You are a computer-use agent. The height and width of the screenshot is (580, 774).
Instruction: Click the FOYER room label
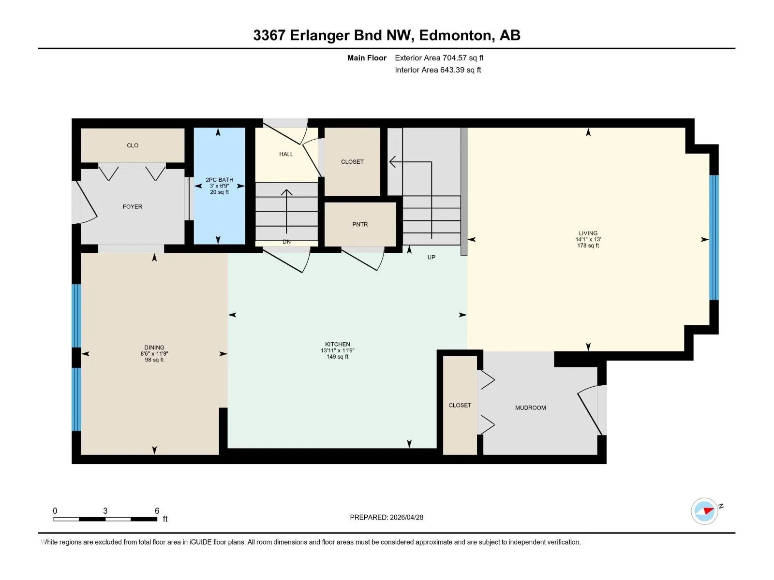pyautogui.click(x=132, y=207)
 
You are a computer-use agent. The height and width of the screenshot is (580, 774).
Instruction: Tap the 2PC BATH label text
pyautogui.click(x=219, y=180)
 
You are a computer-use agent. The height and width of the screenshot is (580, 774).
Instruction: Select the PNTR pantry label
pyautogui.click(x=360, y=224)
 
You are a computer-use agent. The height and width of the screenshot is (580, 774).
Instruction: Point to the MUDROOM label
pyautogui.click(x=530, y=408)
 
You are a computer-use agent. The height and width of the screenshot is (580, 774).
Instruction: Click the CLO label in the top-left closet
pyautogui.click(x=133, y=145)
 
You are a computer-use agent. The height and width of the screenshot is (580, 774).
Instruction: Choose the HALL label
pyautogui.click(x=286, y=154)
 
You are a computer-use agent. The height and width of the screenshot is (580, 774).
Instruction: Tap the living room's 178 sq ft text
pyautogui.click(x=588, y=246)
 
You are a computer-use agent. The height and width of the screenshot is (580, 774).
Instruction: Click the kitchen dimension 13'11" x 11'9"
pyautogui.click(x=338, y=350)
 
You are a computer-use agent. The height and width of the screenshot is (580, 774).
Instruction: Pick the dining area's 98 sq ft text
pyautogui.click(x=154, y=360)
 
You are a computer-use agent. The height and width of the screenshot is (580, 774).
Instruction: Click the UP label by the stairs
pyautogui.click(x=431, y=258)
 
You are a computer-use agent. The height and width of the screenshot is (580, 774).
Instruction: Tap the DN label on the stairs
pyautogui.click(x=286, y=242)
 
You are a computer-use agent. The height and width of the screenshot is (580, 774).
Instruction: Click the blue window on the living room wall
pyautogui.click(x=714, y=237)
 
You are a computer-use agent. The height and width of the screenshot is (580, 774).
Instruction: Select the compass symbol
pyautogui.click(x=704, y=511)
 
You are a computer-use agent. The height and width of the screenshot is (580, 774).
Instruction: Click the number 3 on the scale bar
pyautogui.click(x=105, y=510)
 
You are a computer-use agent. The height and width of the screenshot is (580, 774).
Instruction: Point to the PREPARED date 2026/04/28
pyautogui.click(x=406, y=517)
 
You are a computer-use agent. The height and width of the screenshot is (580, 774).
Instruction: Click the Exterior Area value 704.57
pyautogui.click(x=455, y=58)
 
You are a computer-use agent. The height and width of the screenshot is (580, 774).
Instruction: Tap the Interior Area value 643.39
pyautogui.click(x=452, y=70)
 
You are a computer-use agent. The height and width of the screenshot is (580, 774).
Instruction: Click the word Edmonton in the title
pyautogui.click(x=455, y=36)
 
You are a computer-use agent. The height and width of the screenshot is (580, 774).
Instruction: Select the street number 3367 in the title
pyautogui.click(x=269, y=35)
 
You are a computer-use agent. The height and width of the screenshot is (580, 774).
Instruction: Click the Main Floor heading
pyautogui.click(x=367, y=58)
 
